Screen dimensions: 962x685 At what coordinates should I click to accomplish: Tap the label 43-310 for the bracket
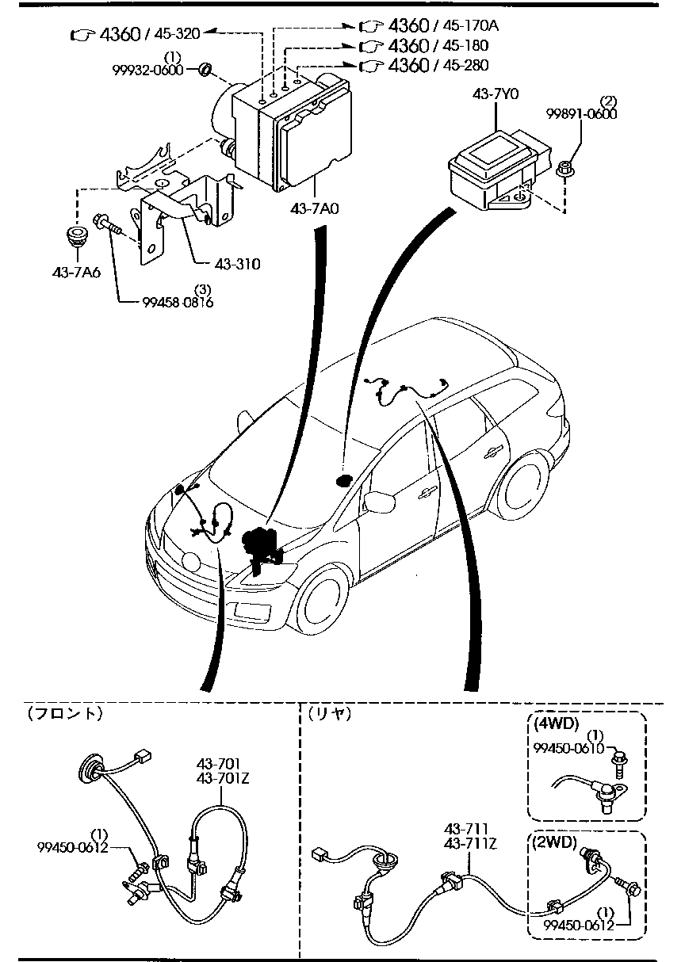pyautogui.click(x=236, y=264)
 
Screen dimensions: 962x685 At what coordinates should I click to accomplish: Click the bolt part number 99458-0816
pyautogui.click(x=178, y=301)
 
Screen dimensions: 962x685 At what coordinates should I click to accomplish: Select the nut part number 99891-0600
pyautogui.click(x=581, y=114)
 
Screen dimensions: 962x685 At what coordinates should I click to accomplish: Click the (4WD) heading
pyautogui.click(x=557, y=723)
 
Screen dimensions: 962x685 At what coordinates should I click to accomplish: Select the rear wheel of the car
pyautogui.click(x=526, y=484)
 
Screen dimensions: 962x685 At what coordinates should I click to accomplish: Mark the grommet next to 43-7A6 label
pyautogui.click(x=77, y=238)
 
